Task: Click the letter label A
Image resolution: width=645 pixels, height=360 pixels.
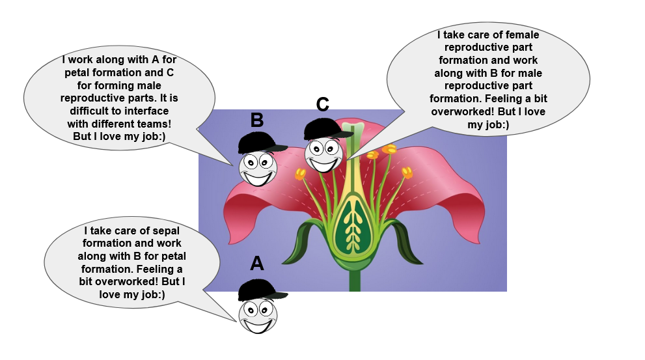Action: (257, 264)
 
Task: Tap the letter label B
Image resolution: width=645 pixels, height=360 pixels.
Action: (257, 120)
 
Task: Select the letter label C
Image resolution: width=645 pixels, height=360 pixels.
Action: (323, 104)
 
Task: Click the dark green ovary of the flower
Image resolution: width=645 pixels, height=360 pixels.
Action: (354, 221)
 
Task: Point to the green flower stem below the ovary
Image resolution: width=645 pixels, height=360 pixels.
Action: (355, 277)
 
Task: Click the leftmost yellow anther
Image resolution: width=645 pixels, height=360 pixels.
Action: (300, 174)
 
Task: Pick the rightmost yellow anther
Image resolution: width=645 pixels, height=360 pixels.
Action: (407, 173)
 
